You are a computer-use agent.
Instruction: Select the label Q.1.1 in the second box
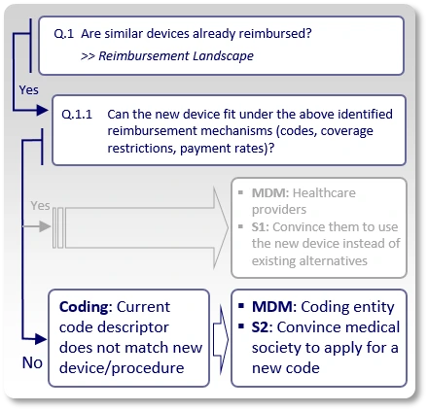coord(78,113)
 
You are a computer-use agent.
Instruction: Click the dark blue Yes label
coord(29,88)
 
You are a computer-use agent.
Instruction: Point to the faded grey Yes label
coord(40,206)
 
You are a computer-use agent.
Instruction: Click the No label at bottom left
coord(32,362)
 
